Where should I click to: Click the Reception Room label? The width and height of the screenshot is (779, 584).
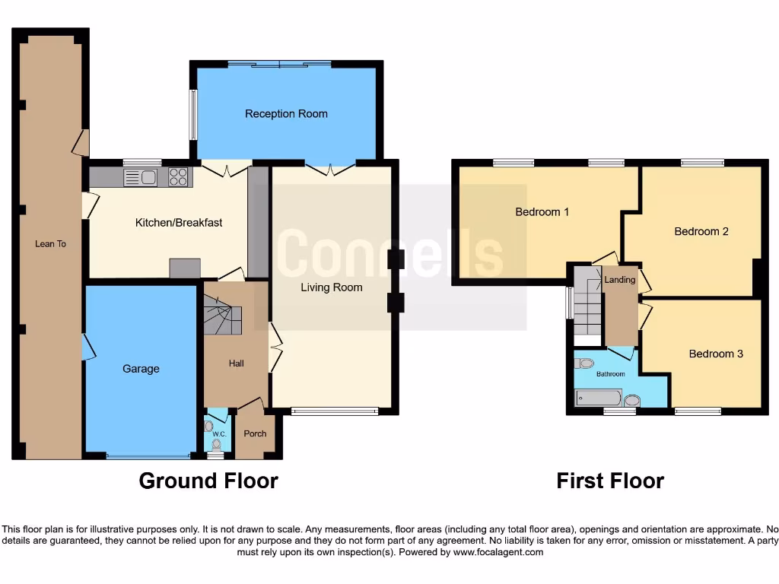coord(286,114)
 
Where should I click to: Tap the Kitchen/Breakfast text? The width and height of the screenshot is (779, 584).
coord(179,223)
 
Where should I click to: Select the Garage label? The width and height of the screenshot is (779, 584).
coord(141,369)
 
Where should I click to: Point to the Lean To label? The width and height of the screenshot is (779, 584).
coord(50,244)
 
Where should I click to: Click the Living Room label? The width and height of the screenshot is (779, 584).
coord(331,287)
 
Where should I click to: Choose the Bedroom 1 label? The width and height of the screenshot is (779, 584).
coord(542,212)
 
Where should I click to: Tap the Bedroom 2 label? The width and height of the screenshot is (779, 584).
coord(701,231)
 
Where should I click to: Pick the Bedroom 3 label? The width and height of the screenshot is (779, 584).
coord(716,354)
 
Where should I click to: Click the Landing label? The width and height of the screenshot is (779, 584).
coord(619,280)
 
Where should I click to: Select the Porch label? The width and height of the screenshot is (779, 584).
coord(255,434)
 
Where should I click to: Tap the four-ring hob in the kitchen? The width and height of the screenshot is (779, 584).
coord(179,177)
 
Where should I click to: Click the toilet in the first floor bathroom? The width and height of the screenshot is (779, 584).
coord(584,363)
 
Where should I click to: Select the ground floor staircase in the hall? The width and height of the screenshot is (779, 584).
coord(222,316)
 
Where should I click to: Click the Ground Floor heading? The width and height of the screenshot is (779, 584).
coord(208,481)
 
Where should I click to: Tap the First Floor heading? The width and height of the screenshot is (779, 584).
coord(610,481)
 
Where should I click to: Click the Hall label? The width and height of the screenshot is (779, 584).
coord(237,363)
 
